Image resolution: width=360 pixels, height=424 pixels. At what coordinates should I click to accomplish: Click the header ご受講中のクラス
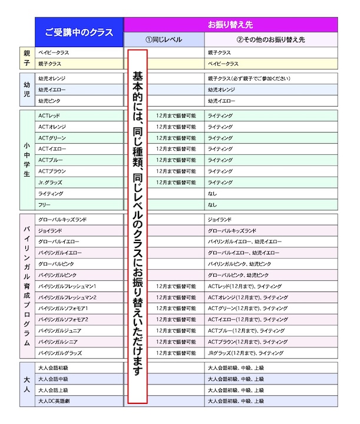79,33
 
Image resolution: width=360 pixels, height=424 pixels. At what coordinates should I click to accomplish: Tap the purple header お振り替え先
230,25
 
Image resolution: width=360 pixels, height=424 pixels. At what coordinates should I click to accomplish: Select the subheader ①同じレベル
164,40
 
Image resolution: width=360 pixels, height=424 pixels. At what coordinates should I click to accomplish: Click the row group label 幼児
27,90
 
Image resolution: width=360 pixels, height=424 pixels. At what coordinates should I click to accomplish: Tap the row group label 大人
27,385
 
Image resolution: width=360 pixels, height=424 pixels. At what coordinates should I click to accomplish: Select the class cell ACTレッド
49,115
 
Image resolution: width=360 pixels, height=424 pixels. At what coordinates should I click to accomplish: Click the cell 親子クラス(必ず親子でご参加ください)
249,78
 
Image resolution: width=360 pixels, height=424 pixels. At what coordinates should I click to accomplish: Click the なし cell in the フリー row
212,205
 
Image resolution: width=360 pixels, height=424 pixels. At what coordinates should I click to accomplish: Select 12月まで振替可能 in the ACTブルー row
176,160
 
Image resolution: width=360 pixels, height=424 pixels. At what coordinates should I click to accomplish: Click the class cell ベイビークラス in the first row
54,52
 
